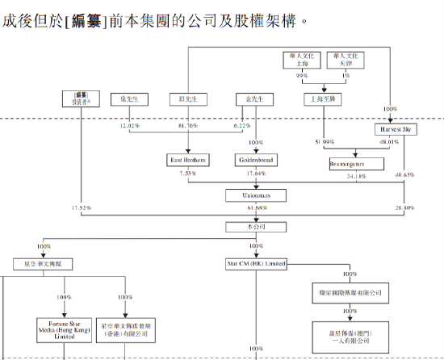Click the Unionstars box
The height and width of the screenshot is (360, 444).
(x=256, y=195)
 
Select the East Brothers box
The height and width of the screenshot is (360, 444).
(x=186, y=160)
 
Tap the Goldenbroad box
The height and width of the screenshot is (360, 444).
(x=257, y=160)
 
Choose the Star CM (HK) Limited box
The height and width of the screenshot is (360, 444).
(x=256, y=264)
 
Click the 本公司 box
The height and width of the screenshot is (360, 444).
(x=256, y=228)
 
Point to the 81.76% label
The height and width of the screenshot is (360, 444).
(x=187, y=125)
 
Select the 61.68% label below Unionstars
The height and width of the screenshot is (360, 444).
(x=257, y=208)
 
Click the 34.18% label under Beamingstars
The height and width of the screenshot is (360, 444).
(x=356, y=175)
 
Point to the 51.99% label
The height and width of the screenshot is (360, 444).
(x=324, y=142)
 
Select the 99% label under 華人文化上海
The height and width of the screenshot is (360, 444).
(x=302, y=75)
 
